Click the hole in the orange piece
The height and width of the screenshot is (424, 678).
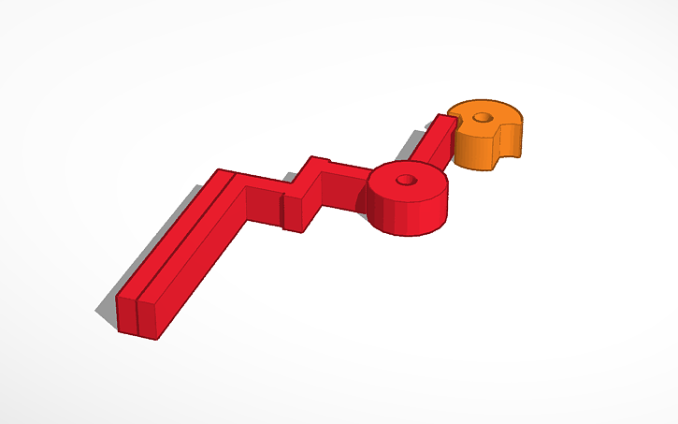point(483,118)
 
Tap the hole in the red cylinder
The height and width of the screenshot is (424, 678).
point(406,179)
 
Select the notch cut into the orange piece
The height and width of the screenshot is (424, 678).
point(508,150)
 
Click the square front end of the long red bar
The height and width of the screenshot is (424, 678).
point(138,317)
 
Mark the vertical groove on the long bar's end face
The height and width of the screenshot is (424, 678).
point(138,317)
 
